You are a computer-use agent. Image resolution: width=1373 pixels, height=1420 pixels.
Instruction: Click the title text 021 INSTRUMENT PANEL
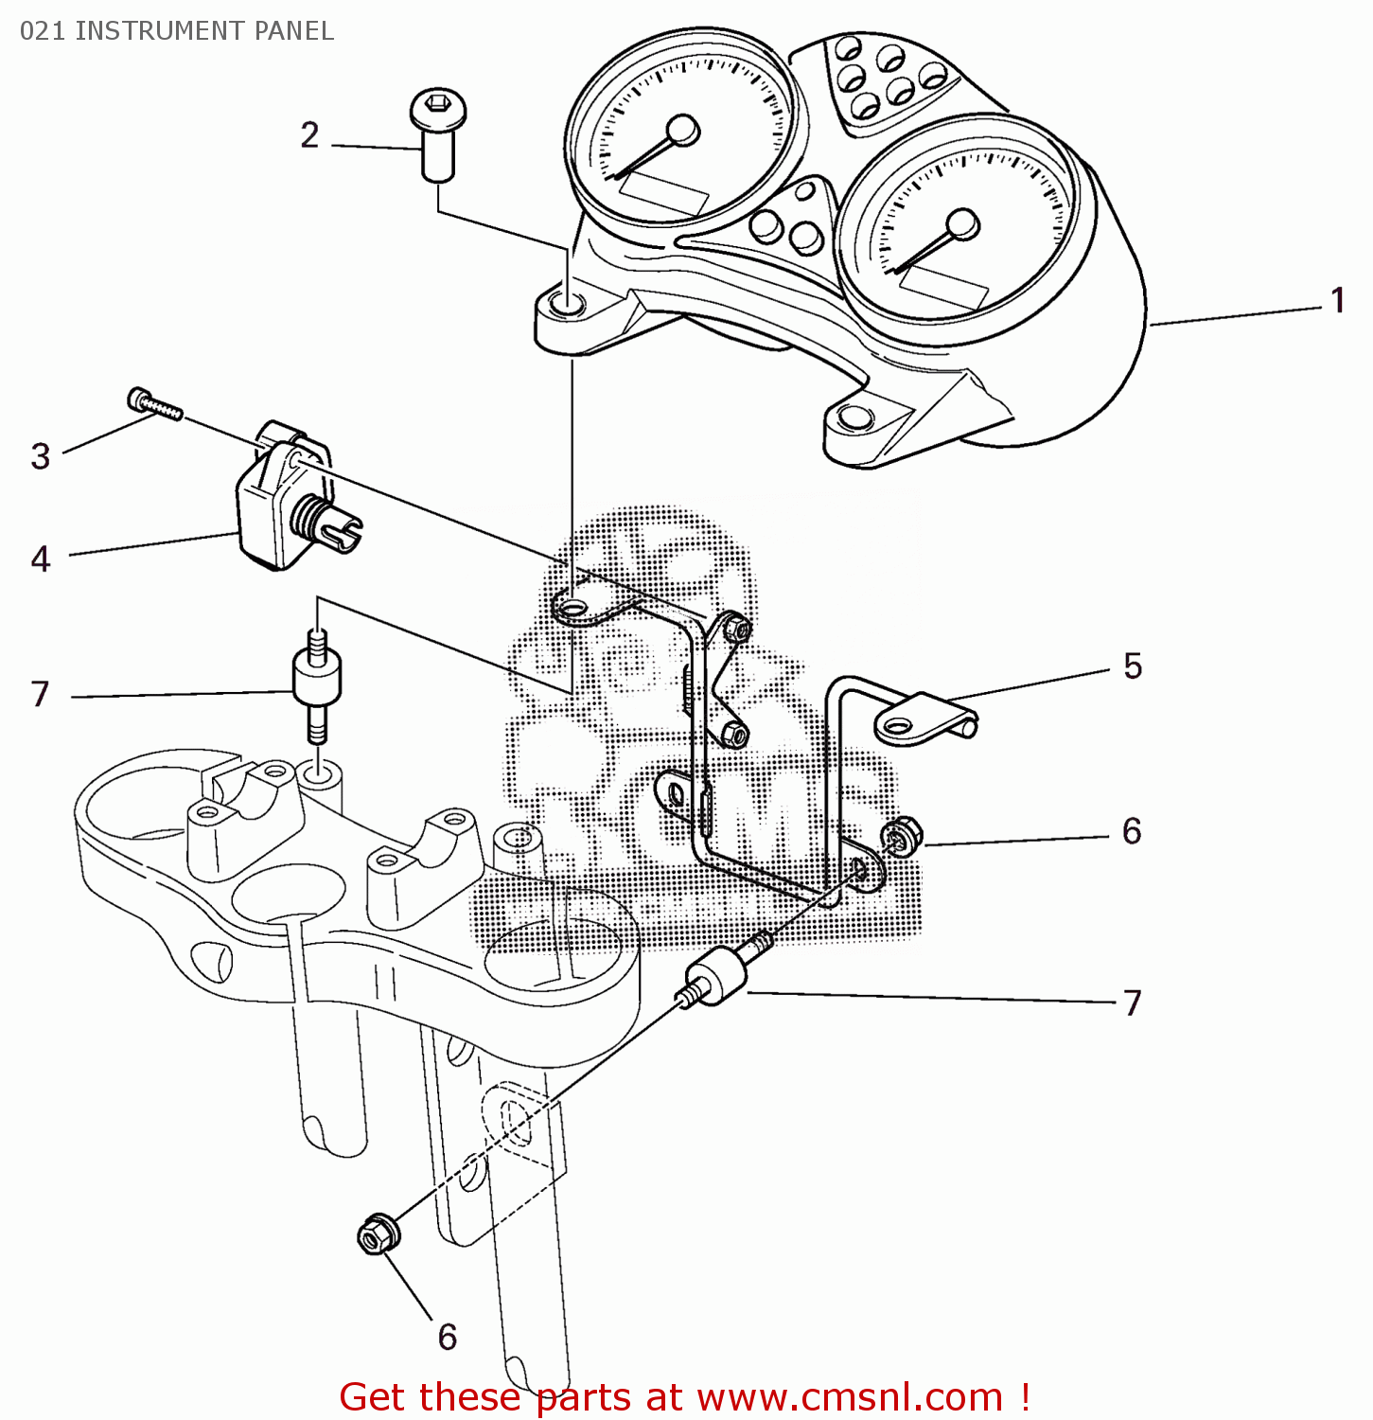coord(177,31)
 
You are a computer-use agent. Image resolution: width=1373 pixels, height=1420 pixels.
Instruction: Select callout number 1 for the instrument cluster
coord(1337,301)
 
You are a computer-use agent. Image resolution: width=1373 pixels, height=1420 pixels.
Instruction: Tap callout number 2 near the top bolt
coord(309,135)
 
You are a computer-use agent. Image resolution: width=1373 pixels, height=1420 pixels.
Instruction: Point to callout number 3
coord(40,456)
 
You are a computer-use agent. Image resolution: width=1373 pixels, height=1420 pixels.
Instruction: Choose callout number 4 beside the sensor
coord(40,559)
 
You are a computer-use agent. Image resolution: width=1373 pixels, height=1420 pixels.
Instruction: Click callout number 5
coord(1133,666)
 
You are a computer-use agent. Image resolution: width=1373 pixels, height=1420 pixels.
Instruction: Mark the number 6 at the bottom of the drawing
coord(447,1337)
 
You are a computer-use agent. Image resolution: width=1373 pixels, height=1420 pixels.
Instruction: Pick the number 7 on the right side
coord(1132,1003)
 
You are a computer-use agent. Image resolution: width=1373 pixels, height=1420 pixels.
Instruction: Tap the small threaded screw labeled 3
coord(154,404)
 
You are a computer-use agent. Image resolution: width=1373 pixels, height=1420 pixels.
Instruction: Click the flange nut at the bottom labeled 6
coord(378,1234)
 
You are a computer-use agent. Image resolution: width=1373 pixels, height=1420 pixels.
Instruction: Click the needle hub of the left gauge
coord(682,131)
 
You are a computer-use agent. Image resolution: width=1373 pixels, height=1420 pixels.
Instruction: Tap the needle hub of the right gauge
coord(962,225)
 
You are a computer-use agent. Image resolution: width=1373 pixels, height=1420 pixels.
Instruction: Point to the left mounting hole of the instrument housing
coord(568,305)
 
